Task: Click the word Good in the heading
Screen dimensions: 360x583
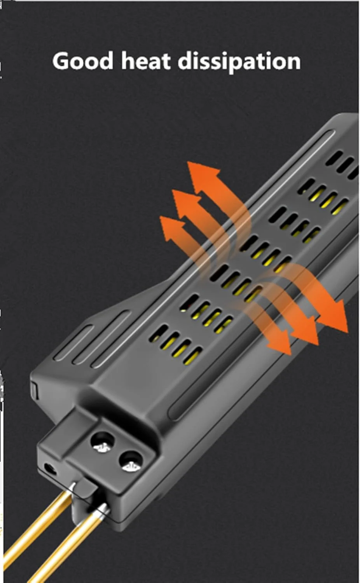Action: coord(83,61)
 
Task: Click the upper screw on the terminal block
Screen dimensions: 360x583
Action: coord(102,447)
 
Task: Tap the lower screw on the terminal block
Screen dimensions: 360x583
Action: coord(132,468)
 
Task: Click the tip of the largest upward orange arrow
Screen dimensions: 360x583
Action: coord(188,162)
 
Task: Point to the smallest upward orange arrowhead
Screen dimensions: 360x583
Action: coord(172,228)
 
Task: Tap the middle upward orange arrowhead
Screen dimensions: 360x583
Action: coord(185,203)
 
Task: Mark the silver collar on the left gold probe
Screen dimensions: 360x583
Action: coord(72,486)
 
